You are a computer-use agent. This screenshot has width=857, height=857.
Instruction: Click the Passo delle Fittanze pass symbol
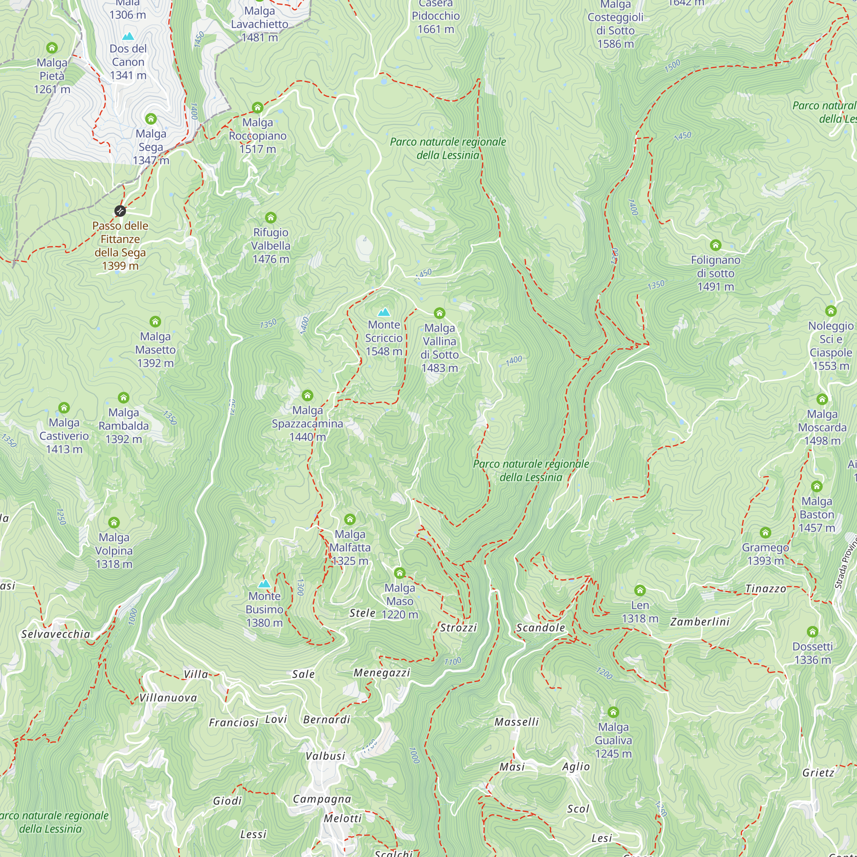pos(120,211)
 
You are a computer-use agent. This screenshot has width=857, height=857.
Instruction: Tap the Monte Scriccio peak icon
pos(384,312)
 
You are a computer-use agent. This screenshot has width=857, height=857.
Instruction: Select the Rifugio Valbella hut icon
pos(270,217)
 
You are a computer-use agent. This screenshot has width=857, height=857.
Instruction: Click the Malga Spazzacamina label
pos(307,423)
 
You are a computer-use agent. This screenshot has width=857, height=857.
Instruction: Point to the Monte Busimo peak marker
pos(264,584)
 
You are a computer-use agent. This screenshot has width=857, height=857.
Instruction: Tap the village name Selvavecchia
pos(56,634)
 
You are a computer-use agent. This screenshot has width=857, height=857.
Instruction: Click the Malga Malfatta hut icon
pos(350,519)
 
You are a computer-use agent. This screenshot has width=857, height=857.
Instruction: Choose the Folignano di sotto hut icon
pos(716,245)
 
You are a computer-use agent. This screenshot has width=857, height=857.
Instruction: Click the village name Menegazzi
pos(381,673)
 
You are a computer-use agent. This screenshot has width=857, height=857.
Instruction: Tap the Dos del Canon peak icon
pos(128,36)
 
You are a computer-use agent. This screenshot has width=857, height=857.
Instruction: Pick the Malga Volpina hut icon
pos(114,522)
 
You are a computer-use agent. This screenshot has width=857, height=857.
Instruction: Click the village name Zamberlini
pos(700,622)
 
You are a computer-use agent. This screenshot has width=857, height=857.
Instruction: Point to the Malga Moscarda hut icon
pos(822,399)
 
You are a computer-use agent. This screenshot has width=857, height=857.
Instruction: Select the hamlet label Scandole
pos(541,628)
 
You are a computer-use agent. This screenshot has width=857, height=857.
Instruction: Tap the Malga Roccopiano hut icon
pos(258,108)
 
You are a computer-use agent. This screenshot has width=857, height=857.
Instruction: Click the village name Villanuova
pos(168,698)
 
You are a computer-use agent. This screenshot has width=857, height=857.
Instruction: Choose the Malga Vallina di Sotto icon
pos(439,313)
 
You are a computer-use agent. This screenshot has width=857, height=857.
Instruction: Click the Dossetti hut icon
pos(812,631)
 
